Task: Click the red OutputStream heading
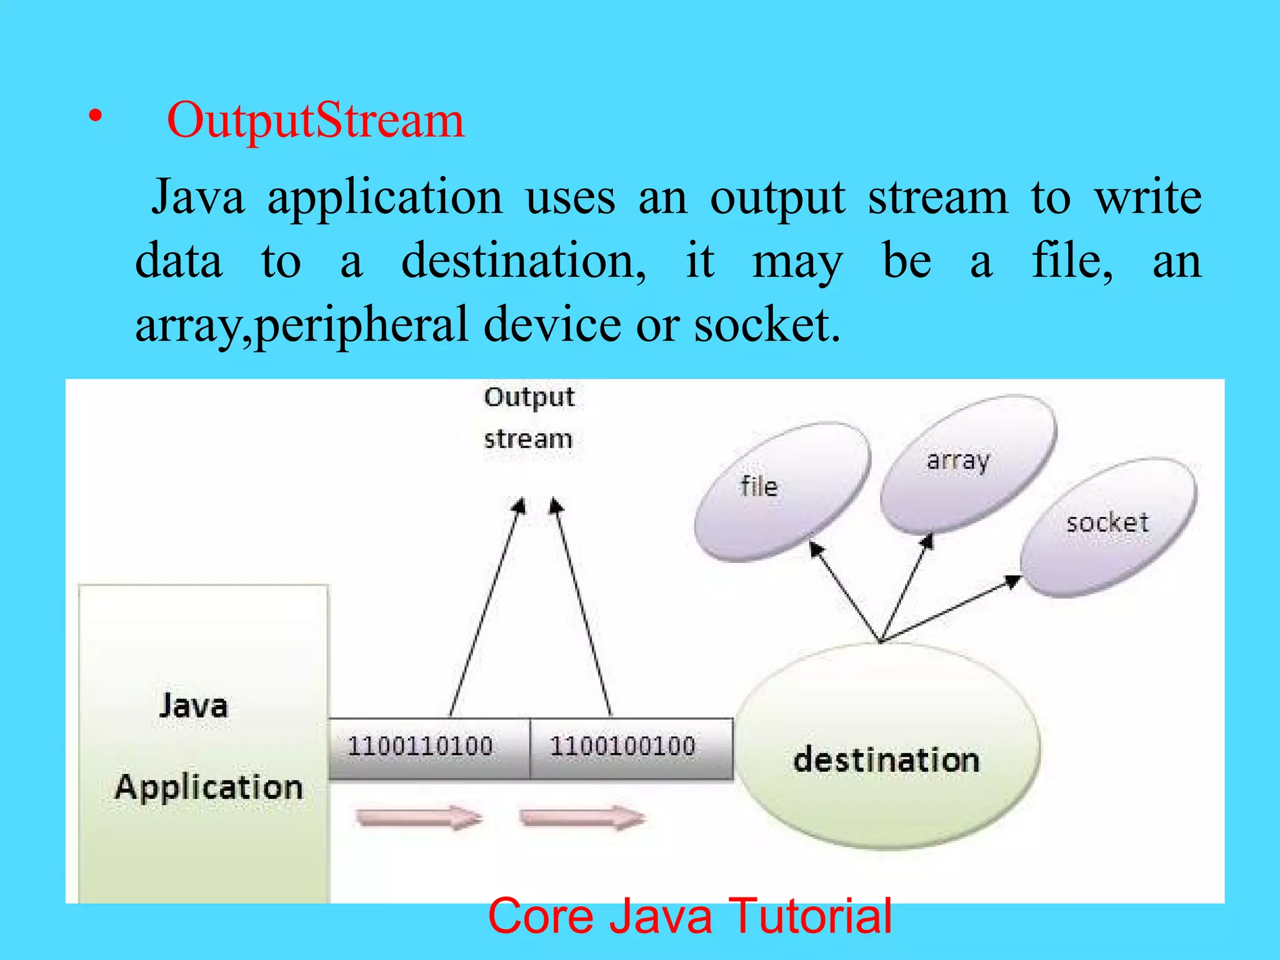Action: point(316,120)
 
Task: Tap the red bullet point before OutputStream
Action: point(94,117)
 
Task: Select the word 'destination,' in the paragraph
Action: point(524,261)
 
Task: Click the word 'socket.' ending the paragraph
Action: point(767,326)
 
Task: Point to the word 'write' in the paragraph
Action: point(1147,197)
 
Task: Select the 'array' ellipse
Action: point(967,463)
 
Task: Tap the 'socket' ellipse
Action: point(1108,526)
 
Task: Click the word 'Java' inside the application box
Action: point(194,706)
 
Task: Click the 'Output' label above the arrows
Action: point(529,398)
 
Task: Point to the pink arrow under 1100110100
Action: point(419,817)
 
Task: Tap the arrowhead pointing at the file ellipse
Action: point(816,549)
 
